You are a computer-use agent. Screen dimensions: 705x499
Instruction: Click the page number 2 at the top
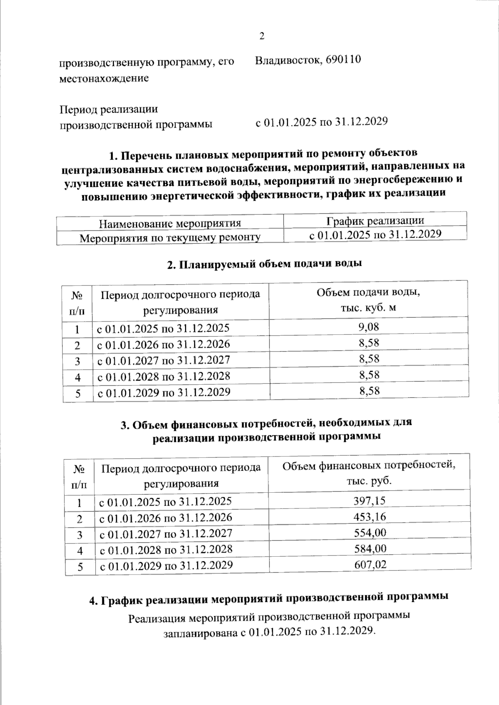pos(262,36)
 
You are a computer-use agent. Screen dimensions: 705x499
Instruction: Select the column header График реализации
pos(375,220)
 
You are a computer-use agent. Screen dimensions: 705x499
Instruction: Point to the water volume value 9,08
pos(368,327)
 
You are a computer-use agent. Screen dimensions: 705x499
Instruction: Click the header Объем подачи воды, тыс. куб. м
pos(368,300)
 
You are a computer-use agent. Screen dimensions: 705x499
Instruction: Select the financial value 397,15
pos(369,501)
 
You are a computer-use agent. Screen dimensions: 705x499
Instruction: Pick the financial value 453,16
pos(369,517)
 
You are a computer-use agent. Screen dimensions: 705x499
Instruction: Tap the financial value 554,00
pos(369,533)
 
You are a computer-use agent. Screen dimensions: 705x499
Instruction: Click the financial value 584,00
pos(369,549)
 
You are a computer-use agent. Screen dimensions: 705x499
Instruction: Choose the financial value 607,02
pos(369,565)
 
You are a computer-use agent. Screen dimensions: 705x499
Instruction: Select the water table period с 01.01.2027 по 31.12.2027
pos(163,360)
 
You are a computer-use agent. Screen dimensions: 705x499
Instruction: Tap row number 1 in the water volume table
pos(77,330)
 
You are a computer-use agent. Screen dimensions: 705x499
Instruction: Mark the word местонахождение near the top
pos(104,79)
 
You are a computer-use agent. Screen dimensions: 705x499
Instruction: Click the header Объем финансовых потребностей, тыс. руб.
pos(369,473)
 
